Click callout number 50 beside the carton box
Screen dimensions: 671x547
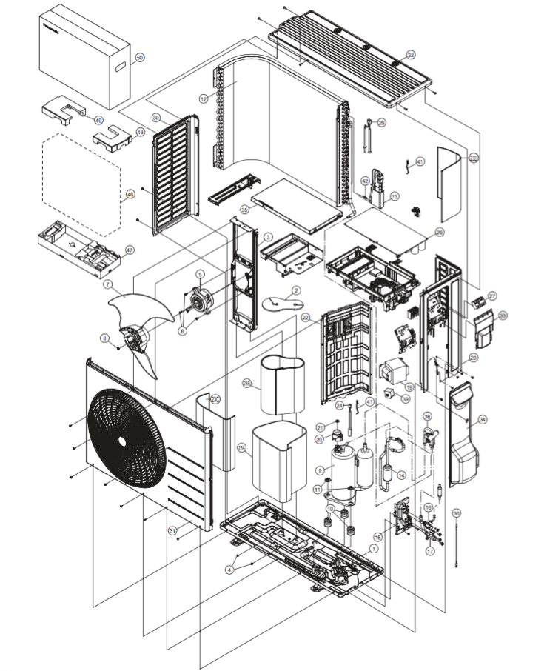click(140, 58)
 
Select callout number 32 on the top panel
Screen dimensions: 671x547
click(411, 55)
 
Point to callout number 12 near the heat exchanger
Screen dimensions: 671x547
click(203, 98)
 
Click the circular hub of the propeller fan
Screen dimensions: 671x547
click(135, 341)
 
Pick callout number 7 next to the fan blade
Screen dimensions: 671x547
click(107, 284)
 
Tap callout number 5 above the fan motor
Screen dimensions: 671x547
click(199, 274)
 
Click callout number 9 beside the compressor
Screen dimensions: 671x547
click(319, 470)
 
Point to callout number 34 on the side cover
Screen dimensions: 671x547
click(483, 420)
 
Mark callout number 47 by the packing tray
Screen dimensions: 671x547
click(130, 250)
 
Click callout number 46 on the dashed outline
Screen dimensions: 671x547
click(130, 195)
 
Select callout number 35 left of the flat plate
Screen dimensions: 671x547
click(244, 210)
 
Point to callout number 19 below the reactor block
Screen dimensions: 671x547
click(409, 387)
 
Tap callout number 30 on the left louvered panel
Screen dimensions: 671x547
click(155, 118)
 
